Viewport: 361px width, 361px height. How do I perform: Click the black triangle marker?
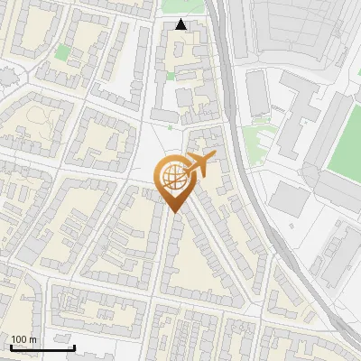[x=181, y=24]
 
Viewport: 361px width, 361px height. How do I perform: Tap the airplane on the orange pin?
[x=199, y=162]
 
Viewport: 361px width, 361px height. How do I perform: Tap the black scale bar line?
[x=42, y=347]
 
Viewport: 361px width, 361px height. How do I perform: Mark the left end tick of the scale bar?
[x=10, y=346]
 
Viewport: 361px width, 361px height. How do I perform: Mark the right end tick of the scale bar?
[x=74, y=346]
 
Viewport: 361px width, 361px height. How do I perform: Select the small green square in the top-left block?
[x=61, y=53]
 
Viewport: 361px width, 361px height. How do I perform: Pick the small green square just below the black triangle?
[x=171, y=77]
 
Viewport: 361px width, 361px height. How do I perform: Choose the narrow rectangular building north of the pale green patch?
[x=257, y=95]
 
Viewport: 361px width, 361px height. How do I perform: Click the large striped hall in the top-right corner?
[x=302, y=32]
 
